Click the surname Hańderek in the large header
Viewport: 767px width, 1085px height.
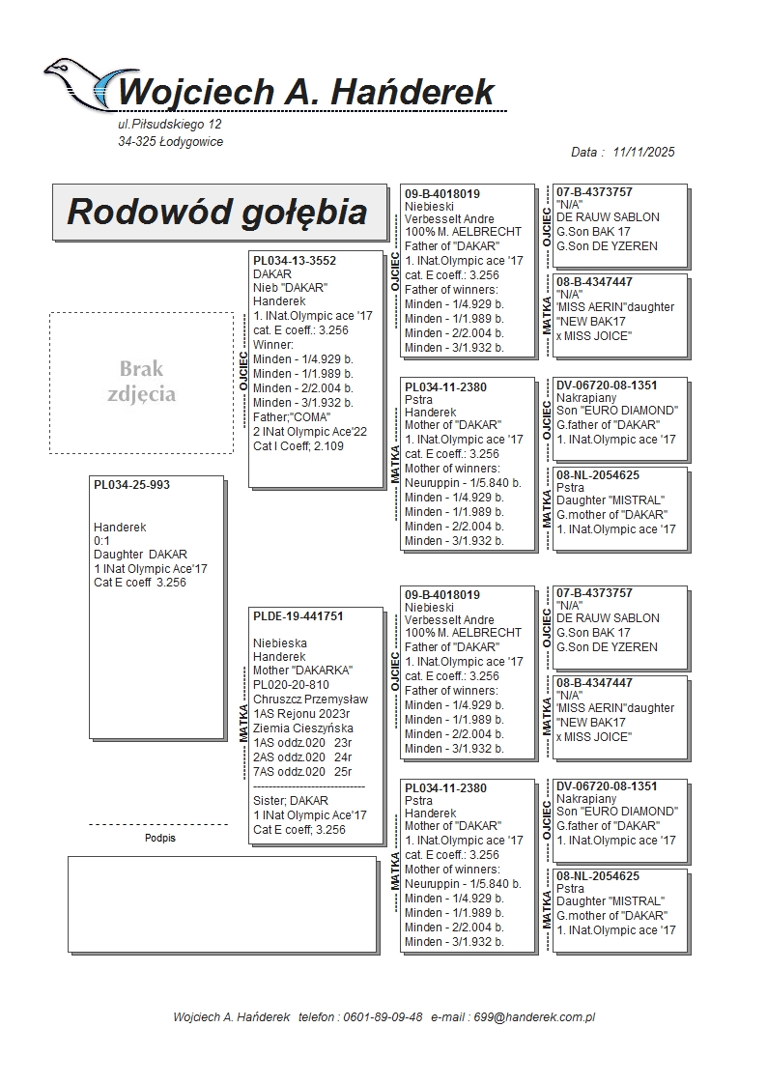pyautogui.click(x=416, y=92)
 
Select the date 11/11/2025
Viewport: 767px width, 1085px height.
pyautogui.click(x=643, y=152)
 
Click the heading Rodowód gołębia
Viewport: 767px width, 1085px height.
pyautogui.click(x=216, y=212)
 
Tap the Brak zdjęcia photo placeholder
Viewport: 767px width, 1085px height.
pyautogui.click(x=141, y=382)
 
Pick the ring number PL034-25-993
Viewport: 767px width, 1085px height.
pyautogui.click(x=131, y=485)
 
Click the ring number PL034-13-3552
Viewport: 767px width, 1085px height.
pyautogui.click(x=294, y=261)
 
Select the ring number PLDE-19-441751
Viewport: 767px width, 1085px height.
pyautogui.click(x=298, y=616)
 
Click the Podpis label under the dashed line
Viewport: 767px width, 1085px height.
pyautogui.click(x=160, y=839)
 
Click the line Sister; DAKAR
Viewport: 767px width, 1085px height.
pyautogui.click(x=291, y=801)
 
